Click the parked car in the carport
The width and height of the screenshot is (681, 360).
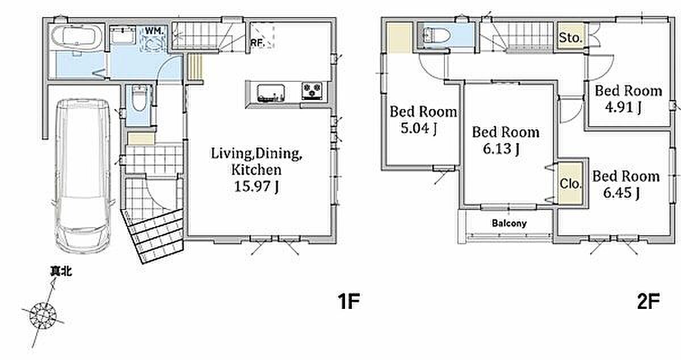coord(83,176)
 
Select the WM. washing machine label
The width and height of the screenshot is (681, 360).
coord(155,31)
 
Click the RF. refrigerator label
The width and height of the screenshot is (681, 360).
coord(257,43)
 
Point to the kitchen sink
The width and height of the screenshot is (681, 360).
coord(271,93)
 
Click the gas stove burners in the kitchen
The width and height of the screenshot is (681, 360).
coord(312,91)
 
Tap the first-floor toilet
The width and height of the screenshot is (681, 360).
coord(140,99)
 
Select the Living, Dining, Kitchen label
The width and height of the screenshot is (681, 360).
coord(257,161)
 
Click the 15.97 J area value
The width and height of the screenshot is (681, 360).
coord(257,186)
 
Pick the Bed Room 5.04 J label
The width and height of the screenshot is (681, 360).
coord(423,120)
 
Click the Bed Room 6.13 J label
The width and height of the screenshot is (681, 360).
coord(506,140)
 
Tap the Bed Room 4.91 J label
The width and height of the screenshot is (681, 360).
coord(628,99)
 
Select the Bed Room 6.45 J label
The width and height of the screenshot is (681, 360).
coord(626,185)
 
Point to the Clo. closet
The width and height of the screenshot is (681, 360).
coord(571,183)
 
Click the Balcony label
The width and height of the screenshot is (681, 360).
coord(509,223)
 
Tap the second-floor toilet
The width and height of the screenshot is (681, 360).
coord(436,36)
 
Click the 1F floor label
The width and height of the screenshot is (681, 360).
coord(348,301)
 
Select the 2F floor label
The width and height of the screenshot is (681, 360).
coord(649,301)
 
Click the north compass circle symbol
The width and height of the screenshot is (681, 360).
coord(43,315)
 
